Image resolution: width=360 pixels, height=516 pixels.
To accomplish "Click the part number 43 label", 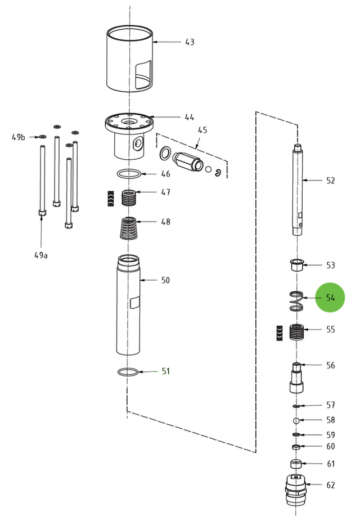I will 190,42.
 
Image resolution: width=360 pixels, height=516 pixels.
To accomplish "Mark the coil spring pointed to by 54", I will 296,301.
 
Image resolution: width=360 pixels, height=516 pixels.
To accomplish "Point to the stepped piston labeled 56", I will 296,376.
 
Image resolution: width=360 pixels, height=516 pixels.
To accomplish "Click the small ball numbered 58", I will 296,420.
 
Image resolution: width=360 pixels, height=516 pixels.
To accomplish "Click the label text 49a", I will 41,255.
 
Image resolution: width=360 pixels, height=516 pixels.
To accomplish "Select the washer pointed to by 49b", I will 42,137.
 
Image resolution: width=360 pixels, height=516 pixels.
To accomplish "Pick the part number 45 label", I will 202,131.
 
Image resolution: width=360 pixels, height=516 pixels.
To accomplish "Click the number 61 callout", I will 331,464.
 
